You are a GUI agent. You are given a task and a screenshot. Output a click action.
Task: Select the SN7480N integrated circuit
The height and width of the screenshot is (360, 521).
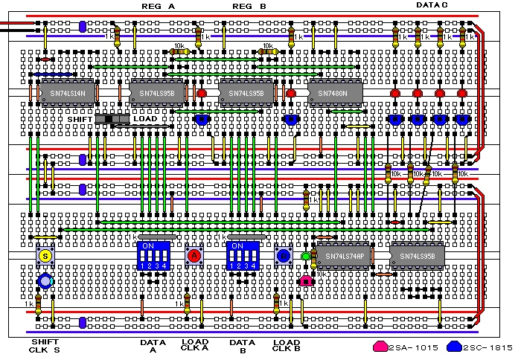tap(333, 93)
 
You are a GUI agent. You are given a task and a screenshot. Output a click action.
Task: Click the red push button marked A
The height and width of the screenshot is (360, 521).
tap(194, 256)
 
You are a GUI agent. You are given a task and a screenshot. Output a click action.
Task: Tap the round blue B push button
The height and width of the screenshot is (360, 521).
tap(284, 256)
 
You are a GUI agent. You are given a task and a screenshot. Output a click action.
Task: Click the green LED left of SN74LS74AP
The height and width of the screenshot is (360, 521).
tap(305, 257)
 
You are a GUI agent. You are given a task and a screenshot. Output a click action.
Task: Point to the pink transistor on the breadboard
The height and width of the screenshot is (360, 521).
tap(305, 281)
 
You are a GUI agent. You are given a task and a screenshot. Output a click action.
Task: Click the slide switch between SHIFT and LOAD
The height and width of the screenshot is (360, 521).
tap(114, 119)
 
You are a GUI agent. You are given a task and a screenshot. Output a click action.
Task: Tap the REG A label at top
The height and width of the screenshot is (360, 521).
tap(158, 6)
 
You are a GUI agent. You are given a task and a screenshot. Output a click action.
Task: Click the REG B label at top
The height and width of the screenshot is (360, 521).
tap(249, 6)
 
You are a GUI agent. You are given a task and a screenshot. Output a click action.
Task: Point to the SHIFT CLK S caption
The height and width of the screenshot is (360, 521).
tap(45, 346)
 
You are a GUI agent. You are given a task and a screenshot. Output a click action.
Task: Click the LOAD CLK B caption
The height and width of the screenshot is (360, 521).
tap(286, 346)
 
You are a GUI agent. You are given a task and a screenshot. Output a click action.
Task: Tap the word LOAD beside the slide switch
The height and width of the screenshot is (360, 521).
tap(145, 119)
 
